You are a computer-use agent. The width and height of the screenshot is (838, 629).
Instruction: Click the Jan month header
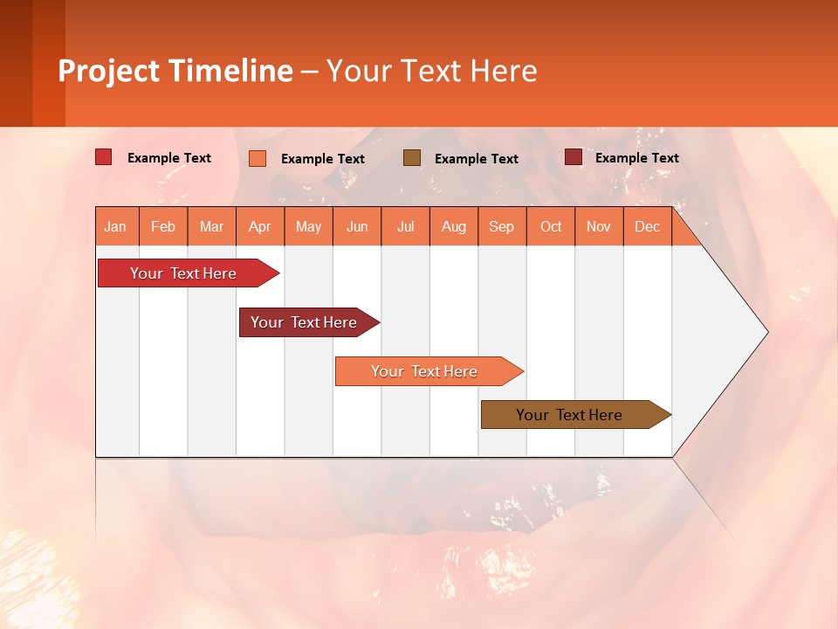pos(116,226)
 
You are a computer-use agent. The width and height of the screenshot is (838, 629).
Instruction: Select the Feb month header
pos(163,226)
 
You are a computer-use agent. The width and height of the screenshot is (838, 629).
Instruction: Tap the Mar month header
pos(211,226)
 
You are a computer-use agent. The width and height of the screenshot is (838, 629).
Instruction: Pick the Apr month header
pos(260,226)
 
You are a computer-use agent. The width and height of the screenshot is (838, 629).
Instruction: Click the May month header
pos(308,226)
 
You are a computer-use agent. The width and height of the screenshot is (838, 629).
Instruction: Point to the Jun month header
pos(357,226)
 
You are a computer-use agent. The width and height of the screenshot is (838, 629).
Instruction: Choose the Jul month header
pos(405,226)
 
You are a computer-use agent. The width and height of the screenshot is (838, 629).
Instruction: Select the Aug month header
pos(454,226)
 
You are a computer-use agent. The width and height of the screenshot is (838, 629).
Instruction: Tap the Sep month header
pos(502,226)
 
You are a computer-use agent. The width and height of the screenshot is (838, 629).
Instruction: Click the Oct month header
pos(551,226)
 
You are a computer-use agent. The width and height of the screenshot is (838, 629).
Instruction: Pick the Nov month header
pos(599,226)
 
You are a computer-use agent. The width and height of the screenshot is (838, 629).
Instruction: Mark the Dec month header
pos(648,226)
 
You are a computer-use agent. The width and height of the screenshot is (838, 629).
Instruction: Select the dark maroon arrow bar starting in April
pos(306,322)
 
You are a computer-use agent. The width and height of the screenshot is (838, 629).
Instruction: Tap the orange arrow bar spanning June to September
pos(425,371)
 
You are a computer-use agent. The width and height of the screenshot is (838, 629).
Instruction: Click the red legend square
pos(104,157)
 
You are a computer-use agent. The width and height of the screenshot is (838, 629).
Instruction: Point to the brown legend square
pos(412,158)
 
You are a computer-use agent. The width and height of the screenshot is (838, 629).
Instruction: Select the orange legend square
pos(258,158)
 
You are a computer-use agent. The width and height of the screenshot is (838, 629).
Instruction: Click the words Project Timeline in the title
pos(175,71)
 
